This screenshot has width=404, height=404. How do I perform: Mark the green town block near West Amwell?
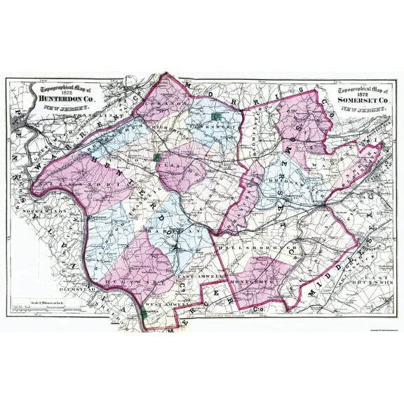(x=144, y=314)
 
